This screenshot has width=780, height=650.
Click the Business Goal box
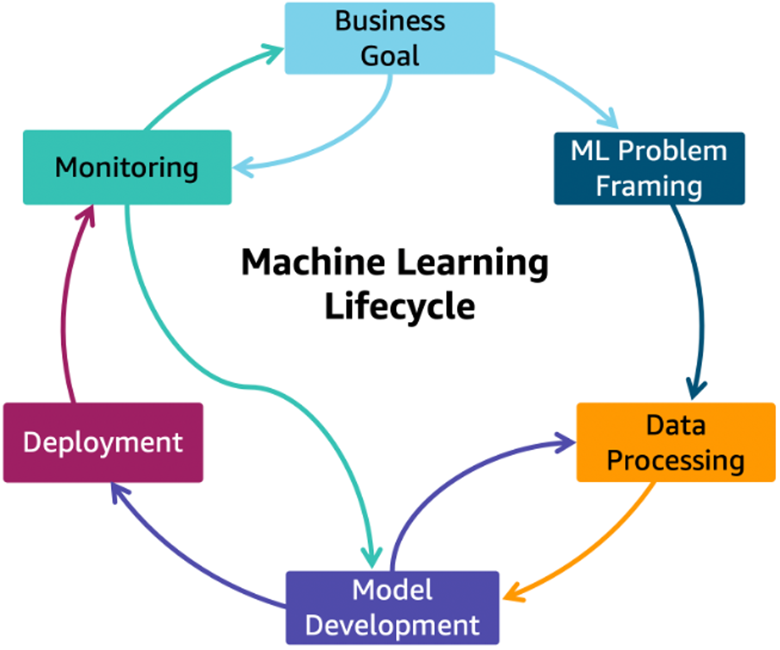tap(389, 38)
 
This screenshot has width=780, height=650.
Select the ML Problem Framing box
tap(649, 168)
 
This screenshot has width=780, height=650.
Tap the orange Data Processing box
tap(676, 442)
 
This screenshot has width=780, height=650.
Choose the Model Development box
tap(392, 608)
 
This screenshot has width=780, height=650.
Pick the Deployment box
tap(103, 443)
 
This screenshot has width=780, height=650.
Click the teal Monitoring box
tap(127, 167)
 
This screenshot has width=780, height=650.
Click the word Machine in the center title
tap(313, 262)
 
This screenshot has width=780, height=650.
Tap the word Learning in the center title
tap(472, 263)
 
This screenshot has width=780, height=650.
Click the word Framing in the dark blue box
tap(649, 187)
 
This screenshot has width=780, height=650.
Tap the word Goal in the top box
tap(389, 56)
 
